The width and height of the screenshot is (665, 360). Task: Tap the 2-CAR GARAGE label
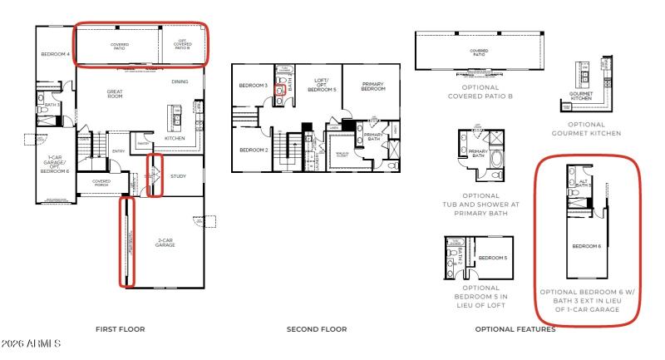165,243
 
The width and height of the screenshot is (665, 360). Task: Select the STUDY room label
177,176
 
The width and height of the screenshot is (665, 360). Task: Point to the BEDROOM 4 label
55,54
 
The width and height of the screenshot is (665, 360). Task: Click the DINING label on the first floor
180,81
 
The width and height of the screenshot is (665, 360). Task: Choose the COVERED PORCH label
101,182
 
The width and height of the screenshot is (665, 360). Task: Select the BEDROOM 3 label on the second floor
252,86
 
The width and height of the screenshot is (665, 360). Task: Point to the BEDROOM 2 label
252,150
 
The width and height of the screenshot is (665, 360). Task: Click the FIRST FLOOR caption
120,329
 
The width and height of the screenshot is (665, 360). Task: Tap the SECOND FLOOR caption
316,329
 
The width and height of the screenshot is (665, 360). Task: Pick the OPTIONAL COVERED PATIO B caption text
479,91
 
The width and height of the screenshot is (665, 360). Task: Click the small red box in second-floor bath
280,88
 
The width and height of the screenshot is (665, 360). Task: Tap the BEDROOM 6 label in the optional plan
587,246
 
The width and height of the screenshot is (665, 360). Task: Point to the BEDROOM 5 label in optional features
493,258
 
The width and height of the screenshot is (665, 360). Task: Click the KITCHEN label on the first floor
175,138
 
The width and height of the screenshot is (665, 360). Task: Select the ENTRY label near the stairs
119,151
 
